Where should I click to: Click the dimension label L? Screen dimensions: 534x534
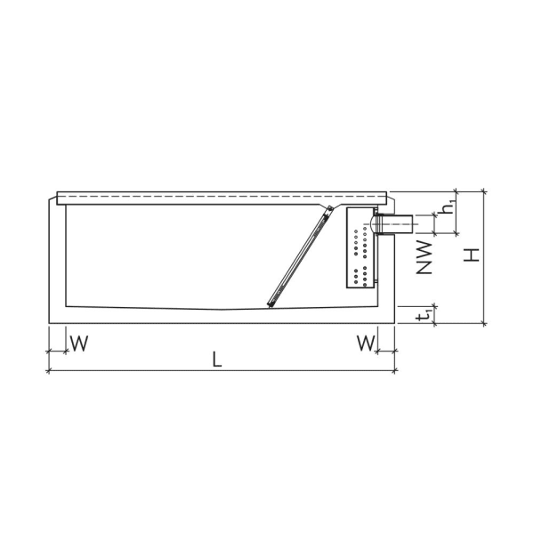[216, 359]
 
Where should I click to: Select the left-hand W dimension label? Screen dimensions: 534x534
[78, 342]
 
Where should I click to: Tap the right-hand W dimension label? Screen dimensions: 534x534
[365, 342]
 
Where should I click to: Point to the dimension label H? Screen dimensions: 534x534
[473, 255]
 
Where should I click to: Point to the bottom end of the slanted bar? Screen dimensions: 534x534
[271, 305]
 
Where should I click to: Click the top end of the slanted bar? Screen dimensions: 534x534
[330, 209]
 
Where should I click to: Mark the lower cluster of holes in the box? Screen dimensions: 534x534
[360, 276]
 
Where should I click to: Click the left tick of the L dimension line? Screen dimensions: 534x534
[47, 369]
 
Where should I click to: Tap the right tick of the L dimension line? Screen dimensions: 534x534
[396, 369]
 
